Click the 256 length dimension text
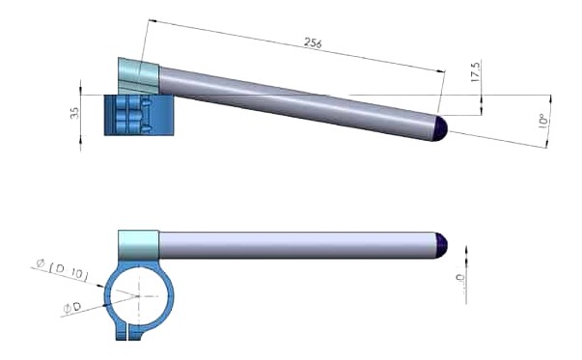pos(312,43)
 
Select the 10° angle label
pos(542,123)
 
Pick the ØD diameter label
pos(72,307)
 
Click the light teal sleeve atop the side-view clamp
pos(136,74)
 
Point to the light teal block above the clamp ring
pos(138,244)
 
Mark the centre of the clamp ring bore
pos(138,296)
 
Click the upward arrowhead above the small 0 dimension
pos(466,249)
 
